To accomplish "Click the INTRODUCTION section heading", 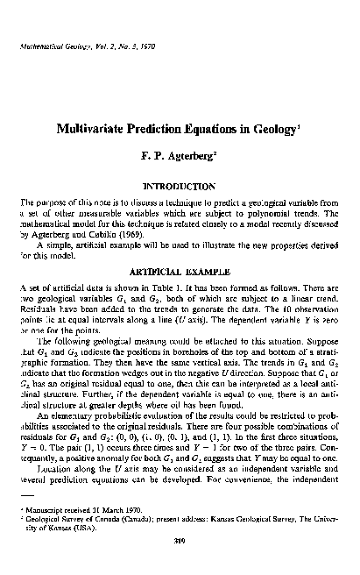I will click(180, 187).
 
